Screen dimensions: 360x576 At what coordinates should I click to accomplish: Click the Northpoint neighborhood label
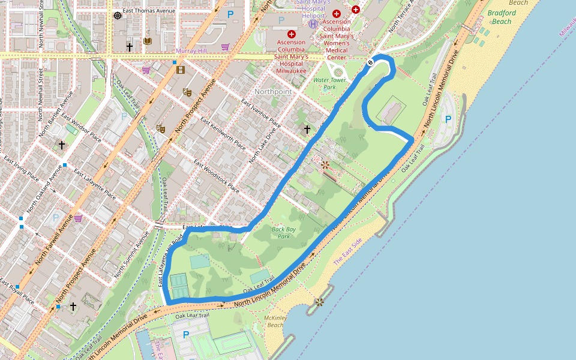click(x=273, y=91)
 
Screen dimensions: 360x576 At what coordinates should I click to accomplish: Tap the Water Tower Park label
click(x=325, y=83)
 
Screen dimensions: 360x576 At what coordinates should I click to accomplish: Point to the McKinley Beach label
click(x=275, y=321)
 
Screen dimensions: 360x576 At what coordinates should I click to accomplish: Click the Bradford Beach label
click(x=501, y=17)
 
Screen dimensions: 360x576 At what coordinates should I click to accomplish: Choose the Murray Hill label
click(x=191, y=51)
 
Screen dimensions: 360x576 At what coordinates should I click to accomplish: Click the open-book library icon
click(x=148, y=41)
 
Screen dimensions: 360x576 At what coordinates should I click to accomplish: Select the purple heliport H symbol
click(x=313, y=24)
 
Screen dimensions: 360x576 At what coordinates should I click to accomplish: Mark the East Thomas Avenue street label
click(x=148, y=11)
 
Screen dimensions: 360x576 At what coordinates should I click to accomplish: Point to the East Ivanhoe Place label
click(x=261, y=113)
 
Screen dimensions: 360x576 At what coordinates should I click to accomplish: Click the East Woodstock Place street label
click(x=217, y=176)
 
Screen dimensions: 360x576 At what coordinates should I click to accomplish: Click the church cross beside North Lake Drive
click(x=307, y=129)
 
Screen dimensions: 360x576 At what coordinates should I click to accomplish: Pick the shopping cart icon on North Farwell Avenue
click(x=78, y=218)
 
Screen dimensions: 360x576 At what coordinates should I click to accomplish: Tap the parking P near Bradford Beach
click(x=448, y=119)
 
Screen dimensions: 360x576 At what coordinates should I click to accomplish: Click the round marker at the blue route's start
click(x=370, y=62)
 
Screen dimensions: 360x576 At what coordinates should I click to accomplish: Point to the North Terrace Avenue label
click(x=402, y=18)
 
